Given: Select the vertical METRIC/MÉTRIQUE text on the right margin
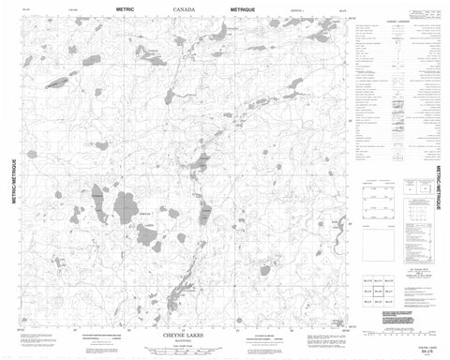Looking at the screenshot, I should [x=437, y=188].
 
